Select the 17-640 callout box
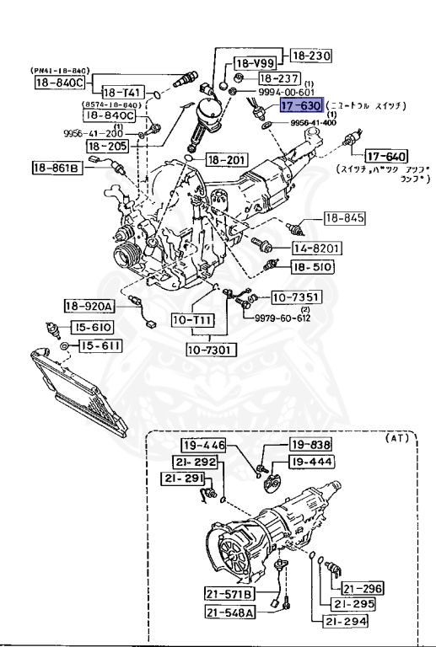point(385,156)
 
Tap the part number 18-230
point(311,56)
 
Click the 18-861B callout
point(57,168)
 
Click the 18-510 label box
point(312,267)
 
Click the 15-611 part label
point(100,345)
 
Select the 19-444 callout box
point(311,461)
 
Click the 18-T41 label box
point(124,92)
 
